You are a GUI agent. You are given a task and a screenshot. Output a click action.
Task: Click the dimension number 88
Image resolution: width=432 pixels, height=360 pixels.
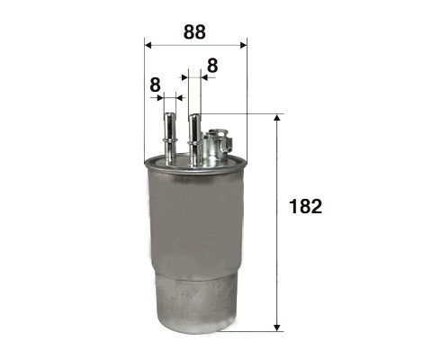pyautogui.click(x=194, y=31)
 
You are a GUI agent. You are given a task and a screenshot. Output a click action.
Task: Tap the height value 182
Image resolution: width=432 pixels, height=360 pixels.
pyautogui.click(x=305, y=207)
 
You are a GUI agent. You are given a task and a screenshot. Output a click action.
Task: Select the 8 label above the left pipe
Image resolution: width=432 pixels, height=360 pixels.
pyautogui.click(x=155, y=85)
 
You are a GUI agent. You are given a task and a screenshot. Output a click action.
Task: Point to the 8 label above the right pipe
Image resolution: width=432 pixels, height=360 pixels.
pyautogui.click(x=212, y=66)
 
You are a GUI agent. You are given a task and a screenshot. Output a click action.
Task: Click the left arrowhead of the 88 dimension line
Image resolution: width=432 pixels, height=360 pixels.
pyautogui.click(x=148, y=45)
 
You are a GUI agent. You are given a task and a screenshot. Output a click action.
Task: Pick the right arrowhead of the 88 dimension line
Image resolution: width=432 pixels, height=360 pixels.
pyautogui.click(x=243, y=45)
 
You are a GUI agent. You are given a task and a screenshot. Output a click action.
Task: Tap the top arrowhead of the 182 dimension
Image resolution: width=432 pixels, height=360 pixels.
pyautogui.click(x=277, y=117)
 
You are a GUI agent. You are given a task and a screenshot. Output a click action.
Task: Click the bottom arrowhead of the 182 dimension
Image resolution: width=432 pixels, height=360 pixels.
pyautogui.click(x=277, y=328)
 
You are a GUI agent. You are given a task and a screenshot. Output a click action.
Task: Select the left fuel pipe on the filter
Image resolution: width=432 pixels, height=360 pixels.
pyautogui.click(x=169, y=139)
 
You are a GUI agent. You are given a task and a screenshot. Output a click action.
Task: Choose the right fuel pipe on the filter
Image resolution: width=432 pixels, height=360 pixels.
pyautogui.click(x=194, y=139)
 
